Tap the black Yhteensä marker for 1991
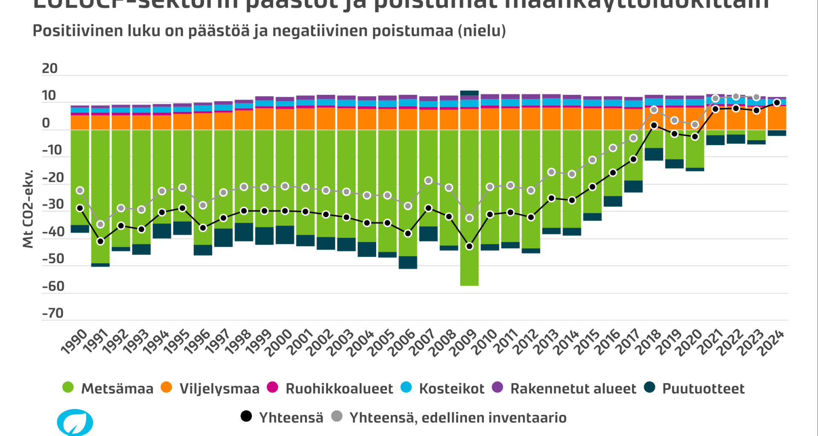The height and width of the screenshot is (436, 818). tap(101, 241)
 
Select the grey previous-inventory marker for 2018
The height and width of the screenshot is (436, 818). tap(654, 110)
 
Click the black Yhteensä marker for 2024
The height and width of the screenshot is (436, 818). tap(777, 103)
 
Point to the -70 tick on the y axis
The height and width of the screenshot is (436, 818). tap(53, 313)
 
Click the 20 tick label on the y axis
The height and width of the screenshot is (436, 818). tap(50, 69)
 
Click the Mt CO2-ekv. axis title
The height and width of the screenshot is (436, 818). tap(28, 209)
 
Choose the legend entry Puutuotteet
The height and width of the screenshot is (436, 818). tap(703, 388)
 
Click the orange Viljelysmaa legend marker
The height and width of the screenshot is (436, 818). tap(166, 387)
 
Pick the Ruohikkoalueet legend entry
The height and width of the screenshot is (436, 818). tap(339, 388)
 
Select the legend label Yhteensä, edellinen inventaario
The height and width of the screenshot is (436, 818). tap(458, 417)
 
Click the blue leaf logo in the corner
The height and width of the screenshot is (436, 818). tap(75, 422)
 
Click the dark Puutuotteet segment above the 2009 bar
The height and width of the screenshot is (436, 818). tap(469, 93)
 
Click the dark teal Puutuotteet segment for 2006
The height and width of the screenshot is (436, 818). tap(408, 262)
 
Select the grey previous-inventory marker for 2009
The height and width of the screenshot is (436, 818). tap(469, 218)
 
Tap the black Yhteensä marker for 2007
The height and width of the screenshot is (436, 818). tap(429, 208)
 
